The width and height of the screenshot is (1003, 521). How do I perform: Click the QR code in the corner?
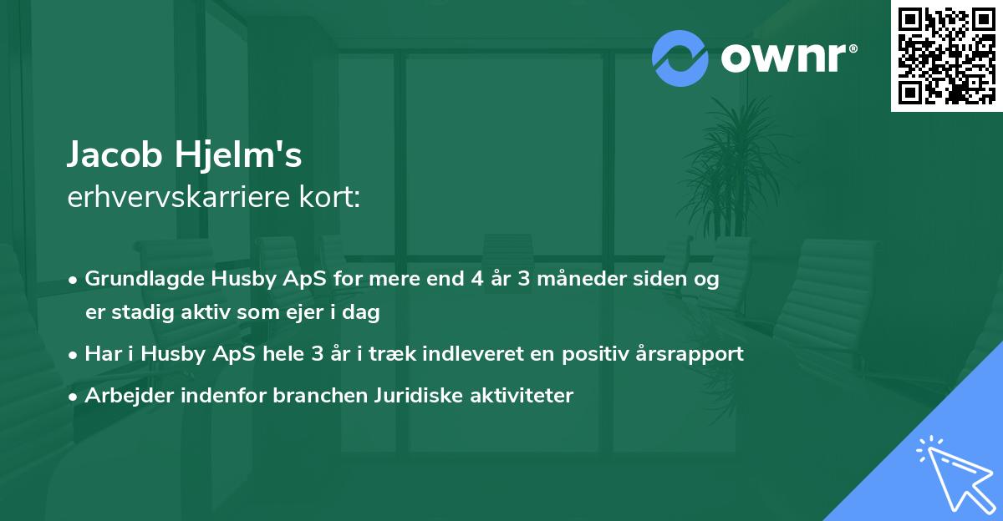tap(946, 56)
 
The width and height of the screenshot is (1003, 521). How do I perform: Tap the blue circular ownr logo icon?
tap(680, 58)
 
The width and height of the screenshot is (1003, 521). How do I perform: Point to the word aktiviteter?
tap(521, 395)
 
